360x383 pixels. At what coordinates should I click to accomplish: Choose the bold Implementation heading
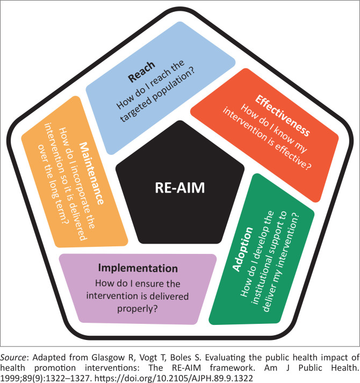[x=139, y=267]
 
